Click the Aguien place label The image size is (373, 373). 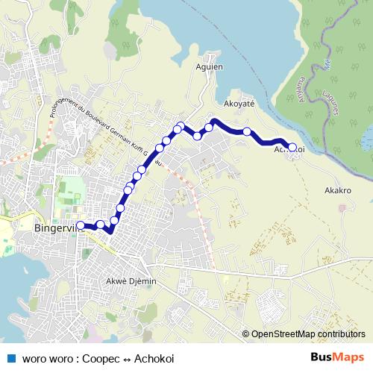(x=210, y=67)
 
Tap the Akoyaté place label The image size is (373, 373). (x=239, y=104)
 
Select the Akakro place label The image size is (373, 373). (x=337, y=190)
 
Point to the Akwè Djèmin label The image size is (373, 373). (x=131, y=282)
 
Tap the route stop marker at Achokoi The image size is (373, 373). (x=292, y=148)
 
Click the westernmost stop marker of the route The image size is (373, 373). (x=81, y=224)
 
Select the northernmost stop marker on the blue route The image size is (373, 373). (x=180, y=125)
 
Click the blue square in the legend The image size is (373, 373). (x=10, y=357)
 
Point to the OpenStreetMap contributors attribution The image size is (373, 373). (x=307, y=334)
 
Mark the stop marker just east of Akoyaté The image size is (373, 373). (x=247, y=131)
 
